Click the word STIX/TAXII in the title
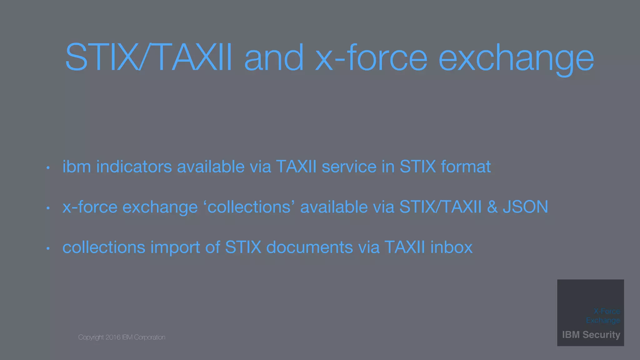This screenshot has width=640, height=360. (x=149, y=57)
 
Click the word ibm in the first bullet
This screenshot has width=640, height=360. (x=77, y=166)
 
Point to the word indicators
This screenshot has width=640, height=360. (x=134, y=166)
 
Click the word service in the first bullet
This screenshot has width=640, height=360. (x=349, y=166)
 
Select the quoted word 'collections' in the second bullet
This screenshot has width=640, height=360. (x=249, y=207)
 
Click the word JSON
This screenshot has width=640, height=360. (x=525, y=207)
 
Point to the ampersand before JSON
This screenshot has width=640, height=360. (x=492, y=207)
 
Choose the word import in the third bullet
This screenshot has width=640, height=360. (x=175, y=248)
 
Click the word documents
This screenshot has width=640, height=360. (x=310, y=247)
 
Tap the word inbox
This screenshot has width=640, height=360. (x=451, y=247)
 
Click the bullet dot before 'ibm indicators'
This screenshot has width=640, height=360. (x=48, y=168)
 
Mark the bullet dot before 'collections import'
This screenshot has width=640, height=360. (x=48, y=249)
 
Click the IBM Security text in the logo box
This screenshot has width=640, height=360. (x=591, y=335)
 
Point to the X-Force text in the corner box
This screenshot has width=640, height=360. (x=607, y=311)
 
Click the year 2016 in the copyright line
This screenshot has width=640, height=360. (x=113, y=337)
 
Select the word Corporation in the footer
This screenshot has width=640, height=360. (x=149, y=337)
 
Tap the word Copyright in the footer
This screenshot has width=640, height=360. (x=91, y=337)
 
